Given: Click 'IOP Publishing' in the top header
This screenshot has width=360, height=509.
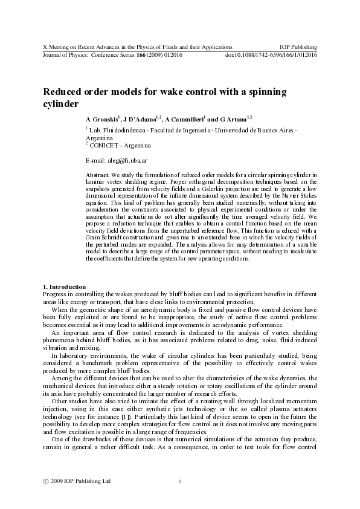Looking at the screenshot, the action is click(x=298, y=47).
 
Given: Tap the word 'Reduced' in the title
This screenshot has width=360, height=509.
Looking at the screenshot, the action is click(x=63, y=92).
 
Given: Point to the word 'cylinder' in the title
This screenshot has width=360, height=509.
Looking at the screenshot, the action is click(x=60, y=103).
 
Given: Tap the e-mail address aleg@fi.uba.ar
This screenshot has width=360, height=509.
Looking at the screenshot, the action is click(x=120, y=161).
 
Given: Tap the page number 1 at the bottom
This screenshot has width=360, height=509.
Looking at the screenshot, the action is click(x=180, y=481).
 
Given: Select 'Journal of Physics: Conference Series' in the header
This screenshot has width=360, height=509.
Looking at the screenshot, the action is click(x=84, y=54).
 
